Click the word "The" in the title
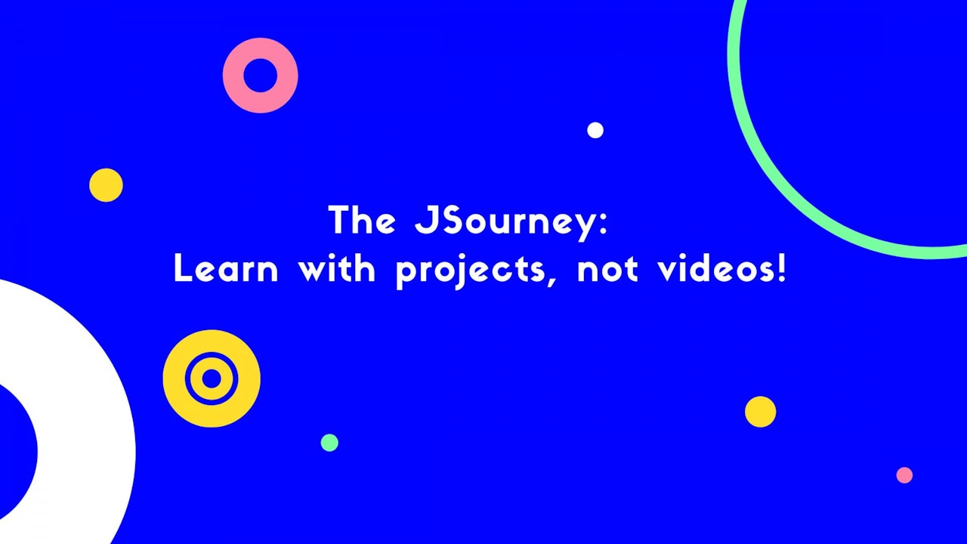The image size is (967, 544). click(x=362, y=220)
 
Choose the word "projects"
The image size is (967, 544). click(x=471, y=271)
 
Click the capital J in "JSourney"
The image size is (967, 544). click(x=425, y=220)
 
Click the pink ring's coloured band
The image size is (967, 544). click(x=233, y=76)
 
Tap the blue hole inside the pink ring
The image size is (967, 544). click(x=261, y=76)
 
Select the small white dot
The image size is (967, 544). click(x=595, y=130)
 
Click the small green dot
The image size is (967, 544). click(x=329, y=443)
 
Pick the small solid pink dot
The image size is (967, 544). click(x=904, y=475)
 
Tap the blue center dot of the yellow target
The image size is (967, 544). click(x=212, y=379)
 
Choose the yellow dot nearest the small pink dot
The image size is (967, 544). click(x=760, y=412)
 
